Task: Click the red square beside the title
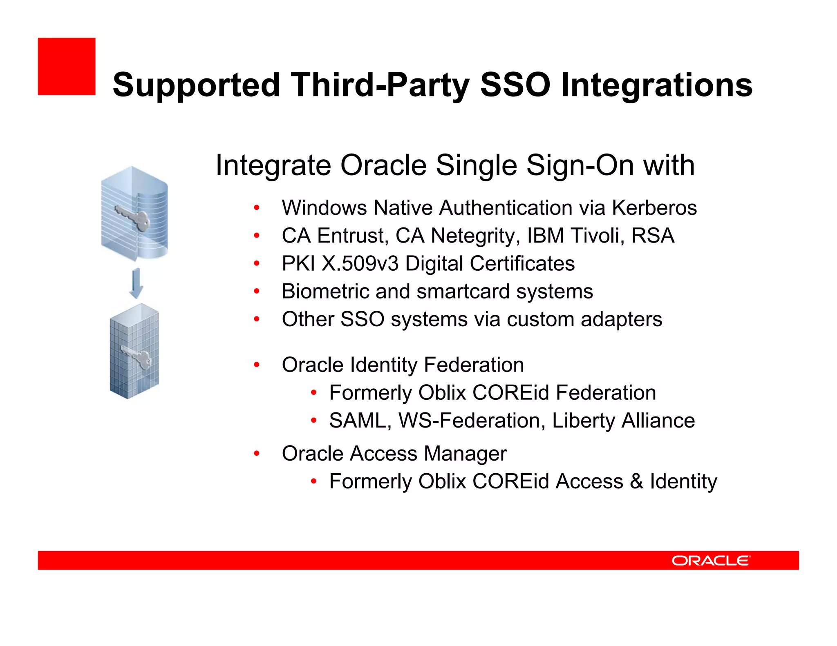pos(67,67)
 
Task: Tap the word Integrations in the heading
pos(656,85)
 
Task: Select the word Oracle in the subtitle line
pos(384,165)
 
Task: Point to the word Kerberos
pos(654,208)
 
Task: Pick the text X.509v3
pos(360,264)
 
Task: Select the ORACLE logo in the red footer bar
pos(711,560)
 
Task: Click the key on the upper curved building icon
pos(133,217)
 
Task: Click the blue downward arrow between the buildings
pos(136,283)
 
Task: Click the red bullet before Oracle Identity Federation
pos(257,365)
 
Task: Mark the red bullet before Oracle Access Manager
pos(257,453)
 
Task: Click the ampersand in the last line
pos(636,481)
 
